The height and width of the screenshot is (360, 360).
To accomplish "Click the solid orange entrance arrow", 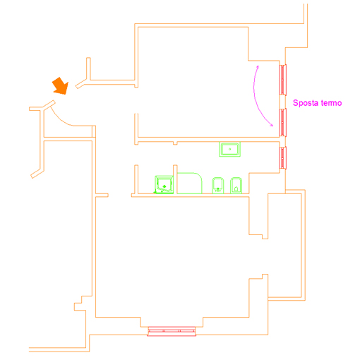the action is point(61,86).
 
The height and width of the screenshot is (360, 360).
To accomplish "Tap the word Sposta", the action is point(306,103).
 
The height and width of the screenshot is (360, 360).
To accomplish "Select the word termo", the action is point(331,103).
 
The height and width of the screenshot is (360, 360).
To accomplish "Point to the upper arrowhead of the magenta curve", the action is point(258,66).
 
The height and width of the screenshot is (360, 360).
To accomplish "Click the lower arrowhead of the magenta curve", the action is point(272,126).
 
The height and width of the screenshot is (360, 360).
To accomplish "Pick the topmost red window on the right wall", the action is point(282,80).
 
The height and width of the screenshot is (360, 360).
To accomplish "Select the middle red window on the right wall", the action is point(282,122).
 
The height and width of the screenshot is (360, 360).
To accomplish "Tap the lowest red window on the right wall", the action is point(282,157).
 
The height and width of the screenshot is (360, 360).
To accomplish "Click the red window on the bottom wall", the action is point(172,331).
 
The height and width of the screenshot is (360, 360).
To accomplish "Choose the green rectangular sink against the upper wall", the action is point(229,149).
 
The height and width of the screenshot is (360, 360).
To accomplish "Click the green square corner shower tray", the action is point(164,185).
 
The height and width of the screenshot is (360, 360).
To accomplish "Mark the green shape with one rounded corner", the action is point(189,183).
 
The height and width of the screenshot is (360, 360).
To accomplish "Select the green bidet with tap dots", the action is point(218,186).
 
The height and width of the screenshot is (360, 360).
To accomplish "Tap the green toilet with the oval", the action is point(236,186).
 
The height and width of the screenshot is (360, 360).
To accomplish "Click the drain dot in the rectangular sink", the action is point(230,149).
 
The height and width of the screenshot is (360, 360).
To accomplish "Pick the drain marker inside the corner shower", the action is point(164,186).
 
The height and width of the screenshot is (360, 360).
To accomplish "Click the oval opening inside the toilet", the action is point(236,188).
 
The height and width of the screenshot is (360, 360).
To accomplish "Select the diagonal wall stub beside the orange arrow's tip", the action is point(81,84).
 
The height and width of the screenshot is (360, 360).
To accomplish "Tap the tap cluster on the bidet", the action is point(218,190).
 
